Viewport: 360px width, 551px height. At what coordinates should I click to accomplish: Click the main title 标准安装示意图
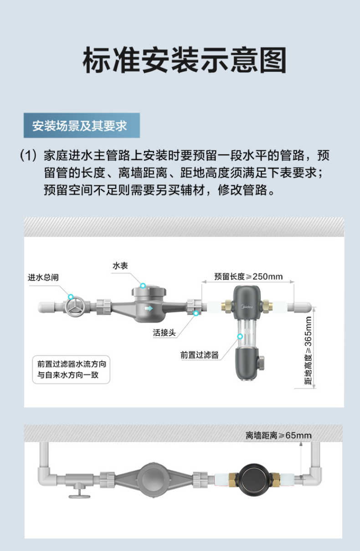click(184, 60)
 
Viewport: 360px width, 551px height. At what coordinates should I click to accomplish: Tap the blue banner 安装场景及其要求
click(82, 126)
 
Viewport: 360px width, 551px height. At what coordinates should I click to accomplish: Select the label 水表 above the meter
click(120, 265)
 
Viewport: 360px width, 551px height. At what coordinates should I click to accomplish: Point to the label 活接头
click(165, 332)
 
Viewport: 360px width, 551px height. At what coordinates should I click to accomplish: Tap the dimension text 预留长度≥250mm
click(248, 276)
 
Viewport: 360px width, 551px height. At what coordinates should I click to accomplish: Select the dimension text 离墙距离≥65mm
click(278, 435)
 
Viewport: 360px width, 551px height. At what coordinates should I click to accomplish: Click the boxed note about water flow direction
click(73, 370)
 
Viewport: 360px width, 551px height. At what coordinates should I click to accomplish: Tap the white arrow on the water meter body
click(149, 308)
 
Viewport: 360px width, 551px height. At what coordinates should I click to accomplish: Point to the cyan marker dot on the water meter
click(143, 286)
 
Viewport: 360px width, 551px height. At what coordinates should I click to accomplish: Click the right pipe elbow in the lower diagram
click(314, 476)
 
